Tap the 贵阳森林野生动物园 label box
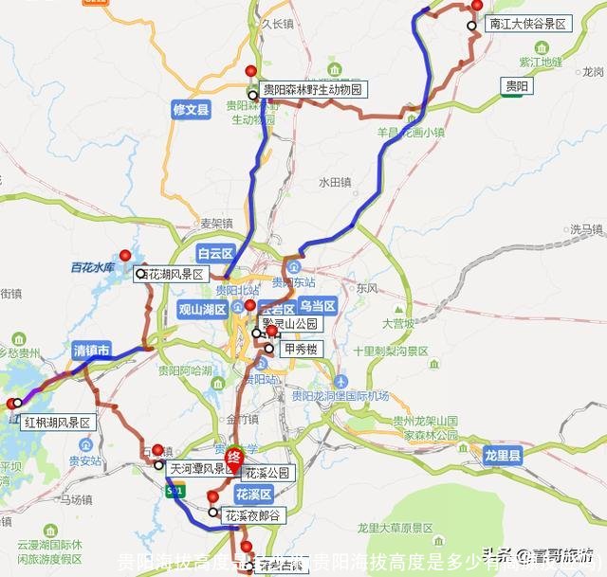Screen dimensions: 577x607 click(x=312, y=90)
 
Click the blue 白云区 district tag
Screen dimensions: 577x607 click(x=215, y=253)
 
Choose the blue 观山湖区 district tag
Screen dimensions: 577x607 click(x=203, y=309)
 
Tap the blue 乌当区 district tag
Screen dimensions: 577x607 click(x=318, y=305)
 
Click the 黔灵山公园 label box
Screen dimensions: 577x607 click(x=292, y=323)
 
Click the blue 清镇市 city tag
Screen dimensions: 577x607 click(x=92, y=350)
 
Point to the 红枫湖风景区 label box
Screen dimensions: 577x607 click(x=58, y=422)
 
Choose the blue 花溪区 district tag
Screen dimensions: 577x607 click(x=254, y=495)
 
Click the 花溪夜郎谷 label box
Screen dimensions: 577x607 click(x=252, y=516)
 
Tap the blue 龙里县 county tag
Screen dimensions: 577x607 click(x=503, y=456)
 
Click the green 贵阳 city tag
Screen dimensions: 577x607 click(x=518, y=85)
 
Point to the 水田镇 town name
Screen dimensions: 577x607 click(x=335, y=181)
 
